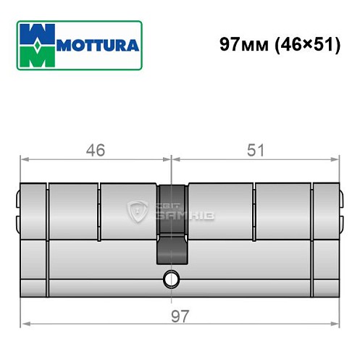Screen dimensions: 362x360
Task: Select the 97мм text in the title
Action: point(242,45)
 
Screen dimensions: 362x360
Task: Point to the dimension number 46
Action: point(95,151)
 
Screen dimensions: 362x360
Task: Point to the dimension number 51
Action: point(255,151)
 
